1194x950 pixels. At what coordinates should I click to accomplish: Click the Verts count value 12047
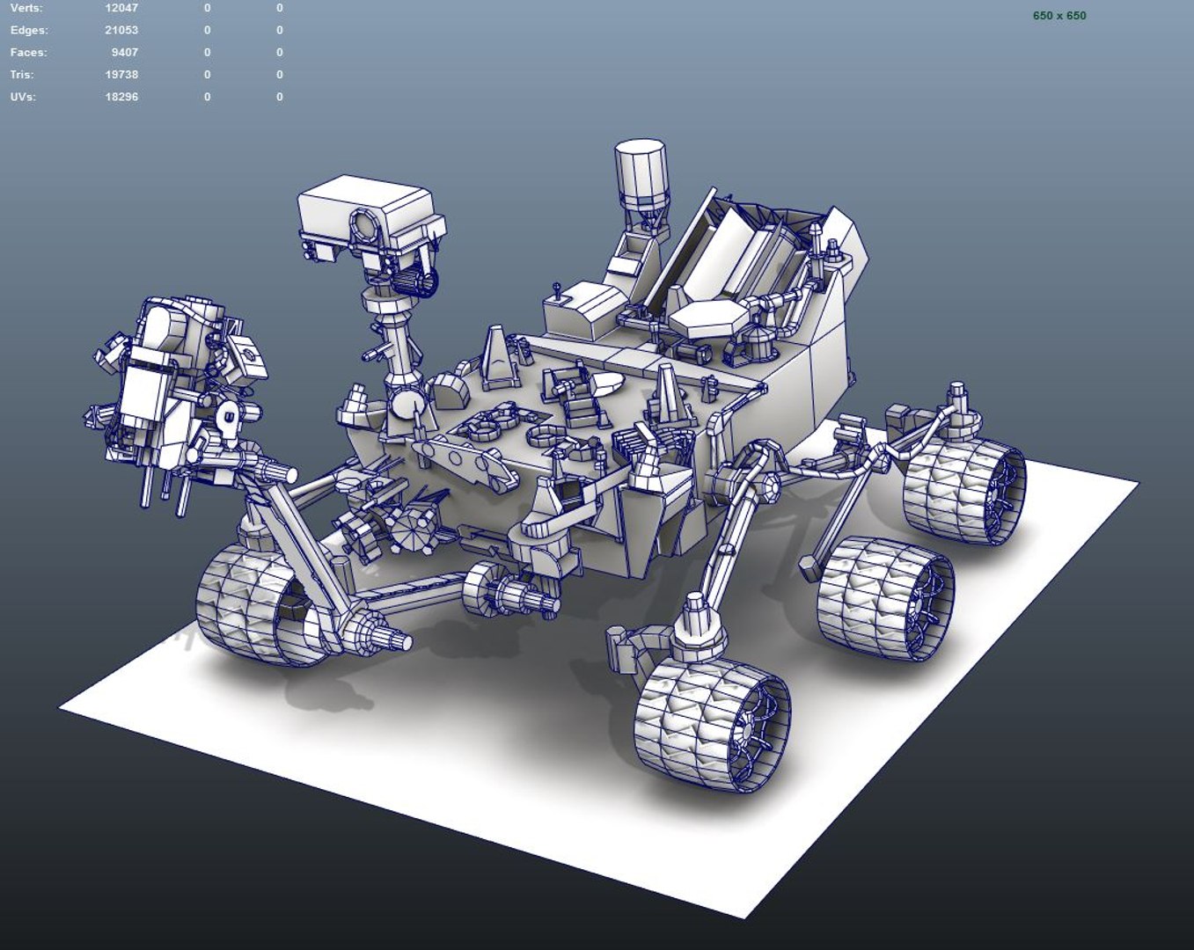(121, 8)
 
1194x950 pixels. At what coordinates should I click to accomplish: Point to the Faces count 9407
(125, 53)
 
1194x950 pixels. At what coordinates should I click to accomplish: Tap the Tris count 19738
(121, 75)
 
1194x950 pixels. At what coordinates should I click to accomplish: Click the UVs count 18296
(121, 97)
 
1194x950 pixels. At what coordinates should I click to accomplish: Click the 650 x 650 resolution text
(1058, 16)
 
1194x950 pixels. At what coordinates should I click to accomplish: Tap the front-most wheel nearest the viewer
(711, 721)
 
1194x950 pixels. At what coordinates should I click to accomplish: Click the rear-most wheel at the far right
(964, 490)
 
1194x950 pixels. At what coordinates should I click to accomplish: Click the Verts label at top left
(26, 8)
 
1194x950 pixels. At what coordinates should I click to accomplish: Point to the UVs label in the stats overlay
(23, 97)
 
